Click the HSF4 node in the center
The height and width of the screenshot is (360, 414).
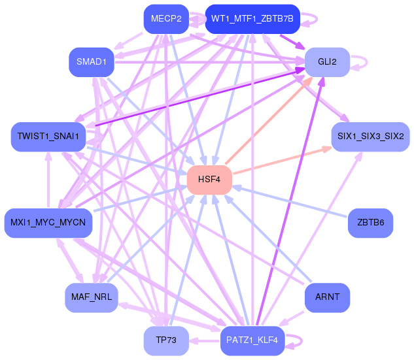tap(209, 180)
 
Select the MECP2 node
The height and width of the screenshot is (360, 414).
tap(165, 19)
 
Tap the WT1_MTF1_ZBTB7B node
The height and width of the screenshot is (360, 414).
tap(252, 19)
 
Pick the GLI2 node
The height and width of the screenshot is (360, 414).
tap(327, 62)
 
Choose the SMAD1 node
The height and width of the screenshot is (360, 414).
tap(91, 62)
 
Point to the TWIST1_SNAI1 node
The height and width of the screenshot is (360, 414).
tap(48, 137)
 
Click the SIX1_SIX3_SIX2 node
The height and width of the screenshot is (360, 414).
tap(370, 137)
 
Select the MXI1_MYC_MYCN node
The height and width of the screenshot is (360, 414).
tap(48, 223)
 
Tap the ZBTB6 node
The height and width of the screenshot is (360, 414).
tap(370, 223)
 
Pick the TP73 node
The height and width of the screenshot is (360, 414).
tap(165, 340)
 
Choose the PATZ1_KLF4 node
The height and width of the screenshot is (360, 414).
tap(252, 340)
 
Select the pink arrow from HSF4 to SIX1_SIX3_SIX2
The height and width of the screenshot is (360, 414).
tap(281, 161)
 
